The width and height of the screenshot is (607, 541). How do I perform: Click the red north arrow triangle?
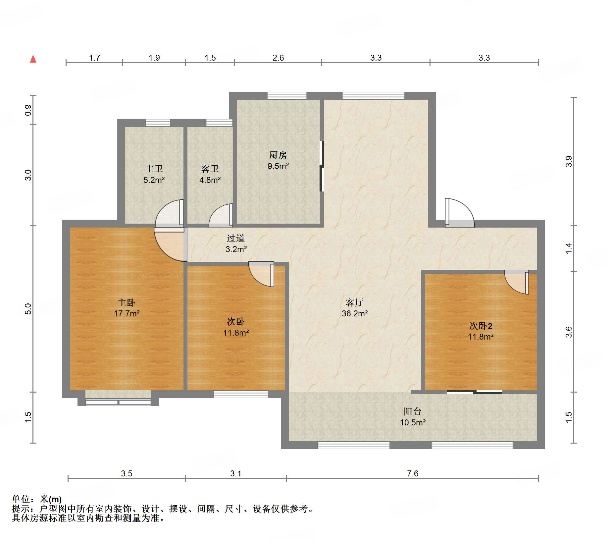pos(33,59)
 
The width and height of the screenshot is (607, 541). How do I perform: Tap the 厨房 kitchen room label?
pos(278,155)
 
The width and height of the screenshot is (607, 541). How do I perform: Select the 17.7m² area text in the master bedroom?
pos(126,313)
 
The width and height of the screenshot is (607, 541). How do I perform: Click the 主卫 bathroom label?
pos(154,169)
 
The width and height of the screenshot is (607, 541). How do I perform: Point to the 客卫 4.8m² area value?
pos(210,180)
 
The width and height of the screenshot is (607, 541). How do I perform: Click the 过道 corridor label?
pos(236,238)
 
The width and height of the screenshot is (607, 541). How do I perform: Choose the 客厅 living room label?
pos(355,302)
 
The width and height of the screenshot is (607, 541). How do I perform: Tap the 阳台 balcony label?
pos(413,411)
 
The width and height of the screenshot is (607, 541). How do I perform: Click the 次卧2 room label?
pos(481,326)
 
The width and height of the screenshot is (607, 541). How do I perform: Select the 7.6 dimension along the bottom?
pos(413,473)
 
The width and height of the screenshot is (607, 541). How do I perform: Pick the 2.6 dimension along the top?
pos(278,58)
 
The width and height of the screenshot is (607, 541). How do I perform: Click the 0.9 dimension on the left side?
pos(28,110)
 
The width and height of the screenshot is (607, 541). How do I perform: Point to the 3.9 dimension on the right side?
pos(569,161)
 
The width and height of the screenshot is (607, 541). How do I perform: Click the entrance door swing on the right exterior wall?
pos(460,213)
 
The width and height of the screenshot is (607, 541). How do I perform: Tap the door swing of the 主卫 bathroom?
pos(169,213)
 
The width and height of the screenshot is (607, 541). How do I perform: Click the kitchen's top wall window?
pos(287,96)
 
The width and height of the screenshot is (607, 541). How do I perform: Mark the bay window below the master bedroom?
pos(118,402)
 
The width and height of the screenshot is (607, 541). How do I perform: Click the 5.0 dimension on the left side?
pos(28,309)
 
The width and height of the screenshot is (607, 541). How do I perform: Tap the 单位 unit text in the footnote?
pos(21,499)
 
